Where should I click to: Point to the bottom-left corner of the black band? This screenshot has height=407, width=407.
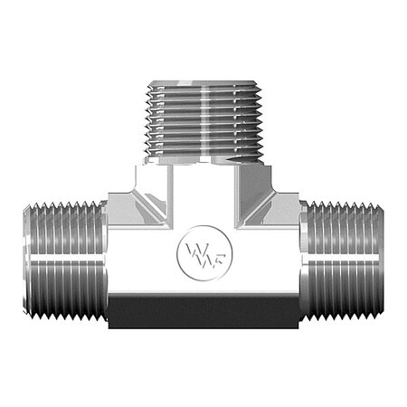(109, 327)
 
